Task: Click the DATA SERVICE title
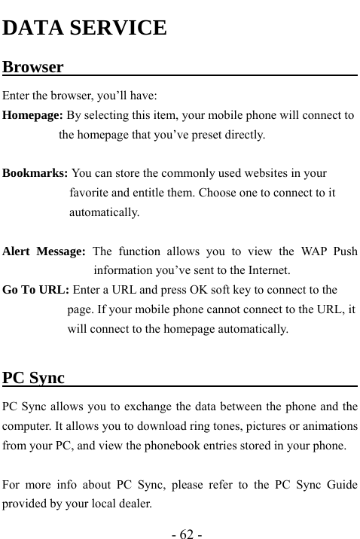click(85, 29)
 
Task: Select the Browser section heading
click(33, 67)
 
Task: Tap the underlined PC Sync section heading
click(34, 377)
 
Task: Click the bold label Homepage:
click(32, 116)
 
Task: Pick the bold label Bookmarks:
click(35, 172)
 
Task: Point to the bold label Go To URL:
click(36, 288)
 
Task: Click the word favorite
click(90, 193)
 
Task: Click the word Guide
click(341, 483)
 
